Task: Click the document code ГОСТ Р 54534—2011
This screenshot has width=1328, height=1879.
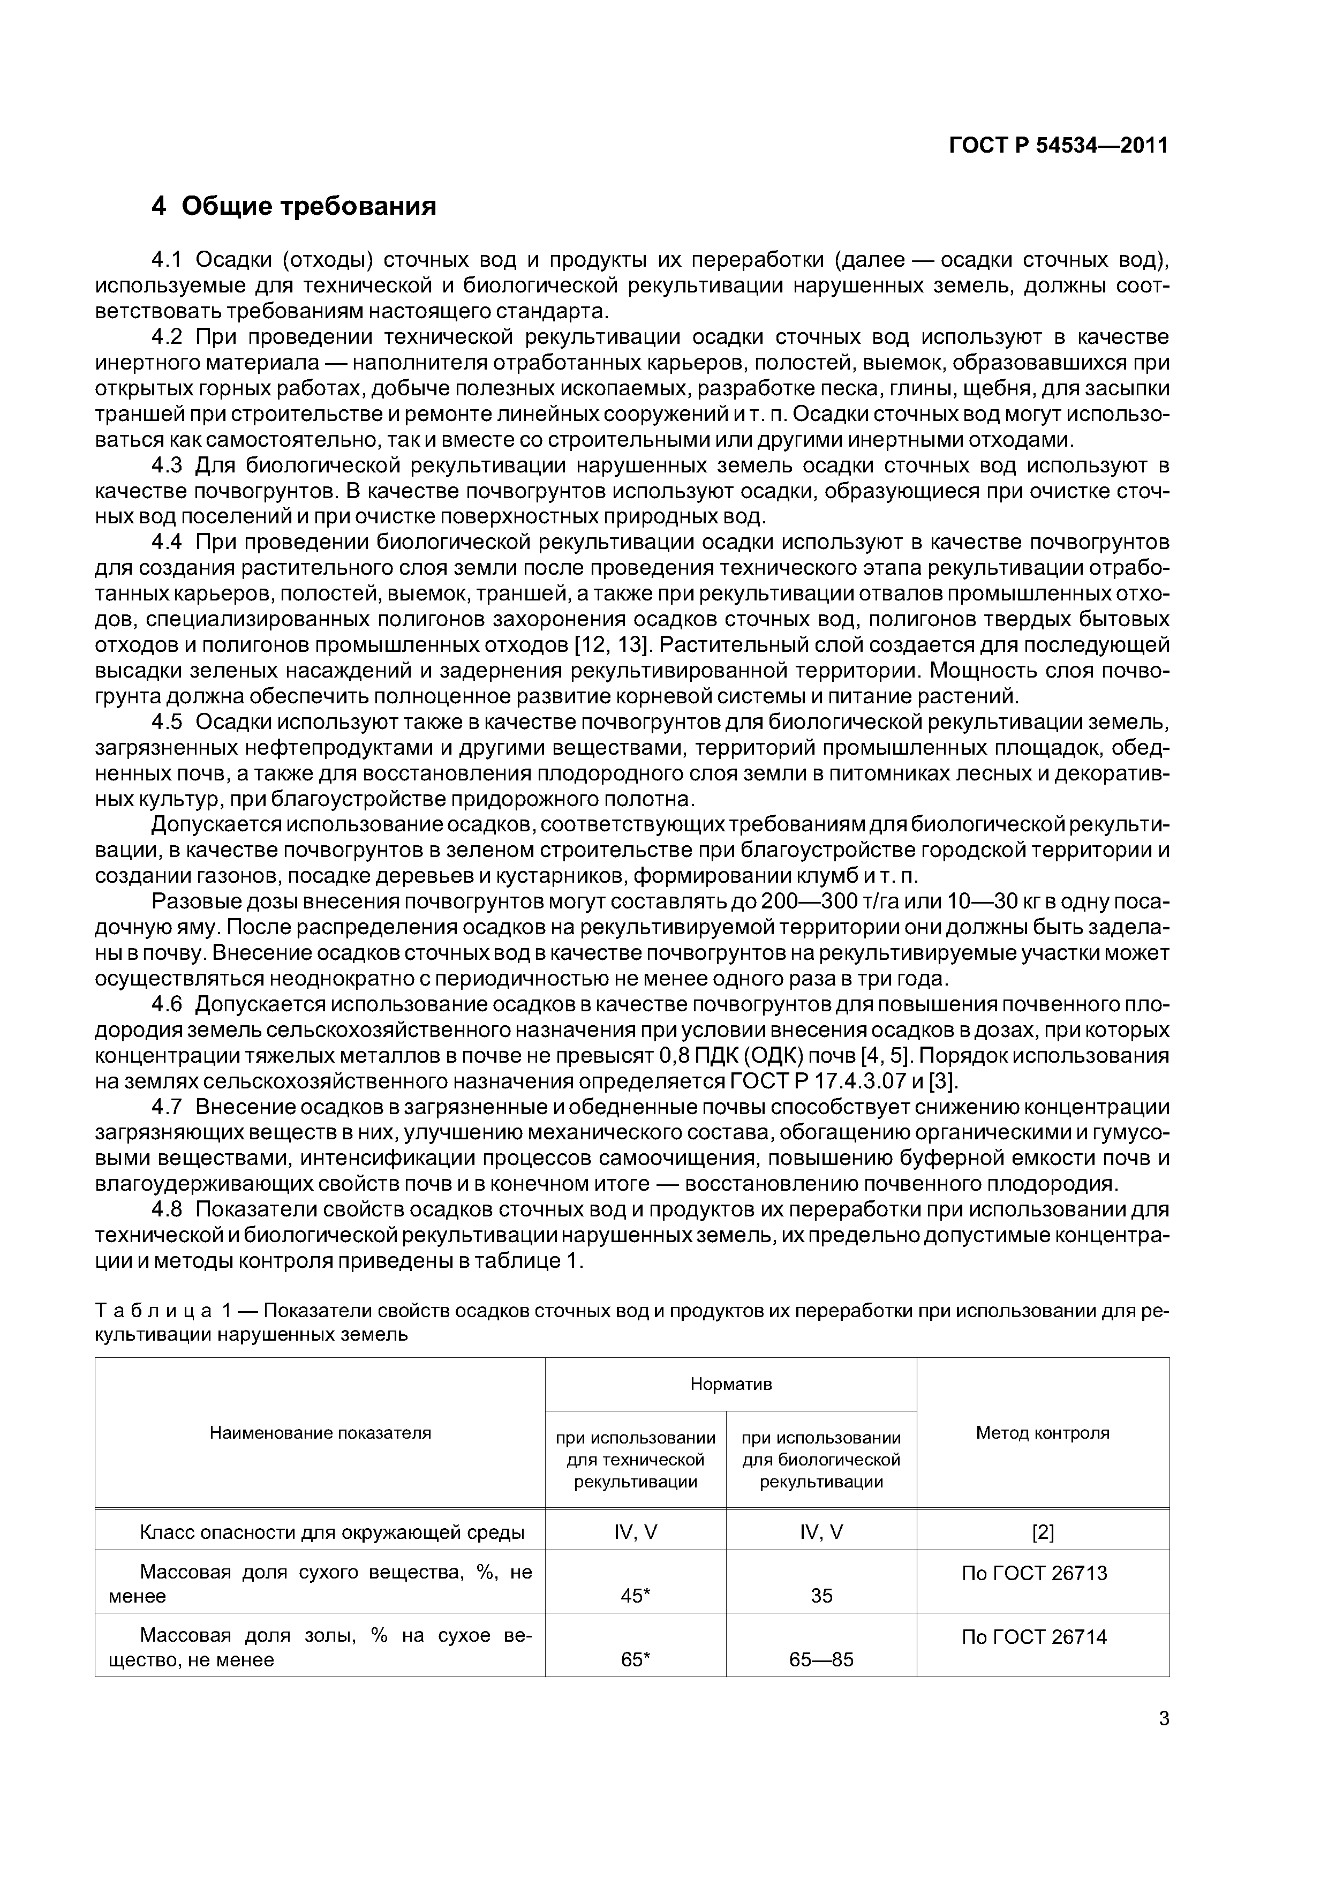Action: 1058,146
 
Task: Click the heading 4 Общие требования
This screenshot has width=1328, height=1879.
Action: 294,206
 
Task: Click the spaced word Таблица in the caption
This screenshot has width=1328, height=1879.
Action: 147,1310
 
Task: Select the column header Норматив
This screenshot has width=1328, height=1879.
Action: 731,1384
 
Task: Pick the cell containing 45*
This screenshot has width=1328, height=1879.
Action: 636,1595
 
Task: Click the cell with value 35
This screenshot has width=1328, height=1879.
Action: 821,1595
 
